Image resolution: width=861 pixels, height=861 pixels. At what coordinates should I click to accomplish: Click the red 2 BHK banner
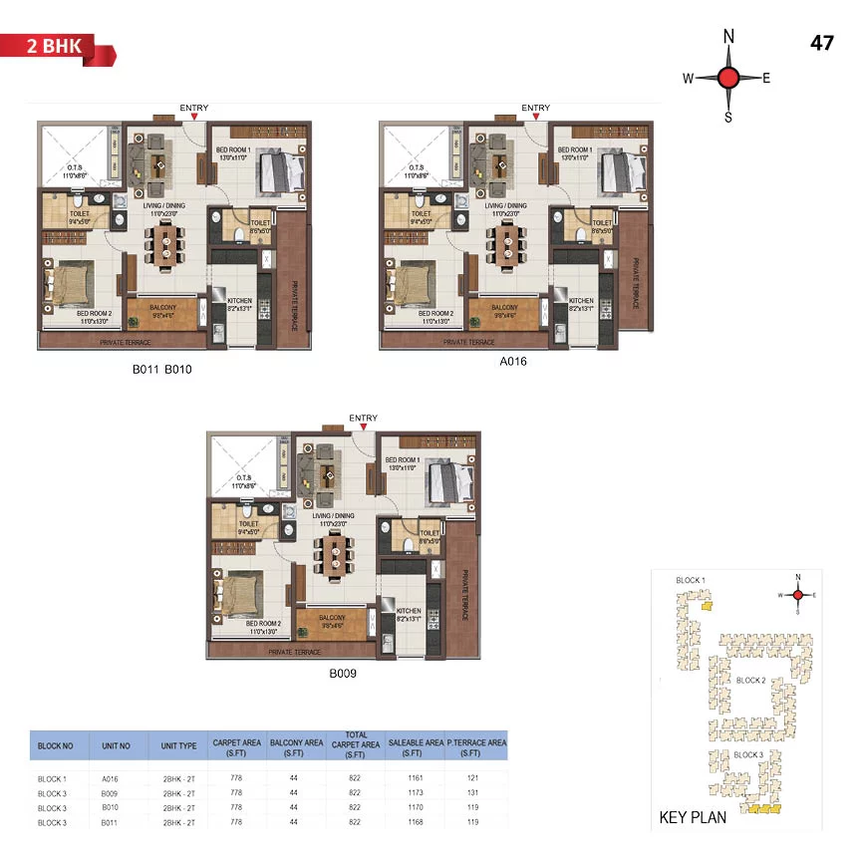point(58,46)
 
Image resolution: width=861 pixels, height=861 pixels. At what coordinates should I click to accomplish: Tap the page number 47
point(822,43)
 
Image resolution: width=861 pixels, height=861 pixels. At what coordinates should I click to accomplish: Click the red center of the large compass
point(728,78)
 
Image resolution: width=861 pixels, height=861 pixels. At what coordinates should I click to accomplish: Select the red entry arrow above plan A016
point(536,118)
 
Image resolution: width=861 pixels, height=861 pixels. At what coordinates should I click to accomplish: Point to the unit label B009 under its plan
point(344,673)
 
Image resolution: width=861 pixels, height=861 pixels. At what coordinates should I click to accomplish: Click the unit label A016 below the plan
point(513,362)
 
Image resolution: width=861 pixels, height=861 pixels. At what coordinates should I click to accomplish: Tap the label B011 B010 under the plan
point(161,369)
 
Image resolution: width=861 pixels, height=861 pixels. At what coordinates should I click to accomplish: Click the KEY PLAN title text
point(694,818)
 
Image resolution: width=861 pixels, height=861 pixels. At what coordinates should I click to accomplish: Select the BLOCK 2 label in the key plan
point(750,680)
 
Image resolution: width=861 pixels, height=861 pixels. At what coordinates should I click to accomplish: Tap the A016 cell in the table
point(110,779)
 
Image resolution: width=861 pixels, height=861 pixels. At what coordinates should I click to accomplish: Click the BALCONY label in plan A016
point(504,308)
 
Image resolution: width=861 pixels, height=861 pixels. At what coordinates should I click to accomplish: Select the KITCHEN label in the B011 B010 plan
point(240,300)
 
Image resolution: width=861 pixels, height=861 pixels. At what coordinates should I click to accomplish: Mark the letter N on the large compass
point(728,37)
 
